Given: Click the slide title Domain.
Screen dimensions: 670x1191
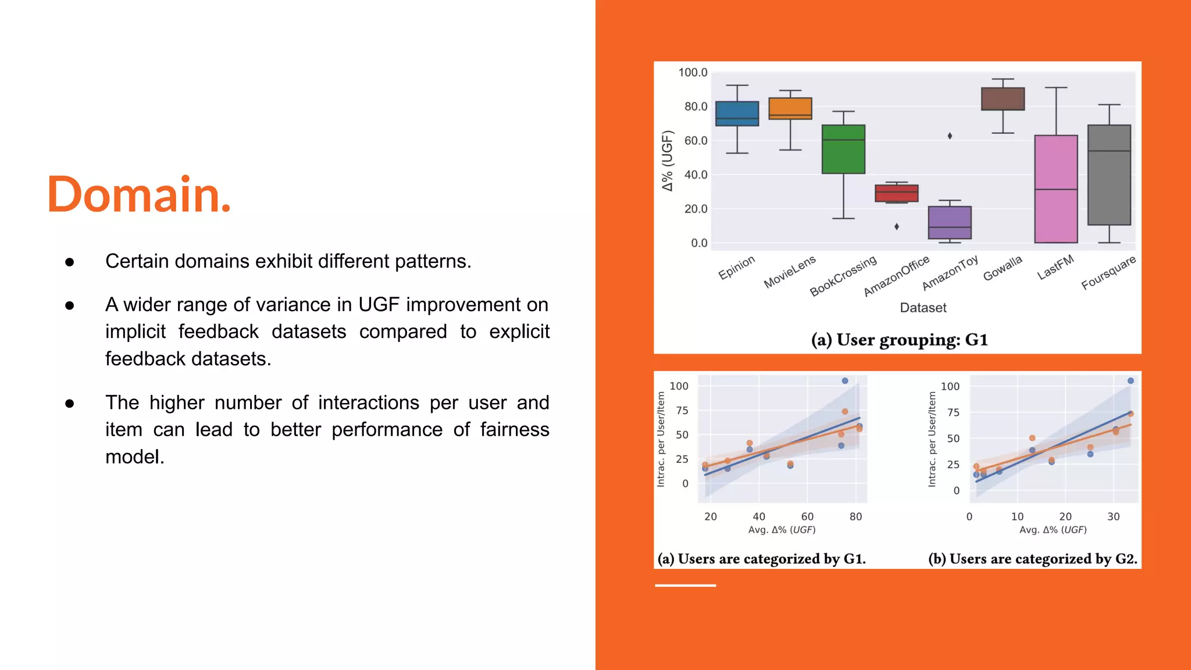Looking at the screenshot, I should pyautogui.click(x=139, y=194).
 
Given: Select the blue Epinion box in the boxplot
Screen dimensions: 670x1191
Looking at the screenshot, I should pyautogui.click(x=737, y=114).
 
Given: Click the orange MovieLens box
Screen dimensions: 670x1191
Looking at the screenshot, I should pyautogui.click(x=790, y=108).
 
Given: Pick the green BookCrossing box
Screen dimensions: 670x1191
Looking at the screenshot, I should pyautogui.click(x=843, y=149).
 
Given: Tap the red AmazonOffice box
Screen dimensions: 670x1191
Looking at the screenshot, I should pyautogui.click(x=896, y=193).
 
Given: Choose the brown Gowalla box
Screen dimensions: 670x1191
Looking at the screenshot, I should pyautogui.click(x=1003, y=99).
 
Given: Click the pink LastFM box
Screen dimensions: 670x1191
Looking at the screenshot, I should pyautogui.click(x=1056, y=189).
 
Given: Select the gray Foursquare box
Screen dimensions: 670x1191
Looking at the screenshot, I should pyautogui.click(x=1109, y=174).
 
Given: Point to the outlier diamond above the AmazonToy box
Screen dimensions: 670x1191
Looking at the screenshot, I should pyautogui.click(x=950, y=136).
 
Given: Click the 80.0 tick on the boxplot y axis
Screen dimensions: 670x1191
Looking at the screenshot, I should pyautogui.click(x=696, y=106).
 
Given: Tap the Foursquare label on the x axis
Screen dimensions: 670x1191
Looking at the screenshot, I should pyautogui.click(x=1108, y=272).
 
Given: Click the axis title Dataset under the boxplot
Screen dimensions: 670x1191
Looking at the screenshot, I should pyautogui.click(x=923, y=308).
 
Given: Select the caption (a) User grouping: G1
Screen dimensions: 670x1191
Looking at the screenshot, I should pyautogui.click(x=899, y=340).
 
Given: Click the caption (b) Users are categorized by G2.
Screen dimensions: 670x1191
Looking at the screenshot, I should pyautogui.click(x=1032, y=559).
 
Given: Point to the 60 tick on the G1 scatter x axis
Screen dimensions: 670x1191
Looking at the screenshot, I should pyautogui.click(x=807, y=516).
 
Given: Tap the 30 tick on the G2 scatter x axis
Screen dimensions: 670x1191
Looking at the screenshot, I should pyautogui.click(x=1113, y=516).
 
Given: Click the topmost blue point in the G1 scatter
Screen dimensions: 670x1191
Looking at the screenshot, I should pyautogui.click(x=845, y=381).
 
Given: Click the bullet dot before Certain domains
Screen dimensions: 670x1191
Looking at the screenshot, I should pyautogui.click(x=70, y=262).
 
